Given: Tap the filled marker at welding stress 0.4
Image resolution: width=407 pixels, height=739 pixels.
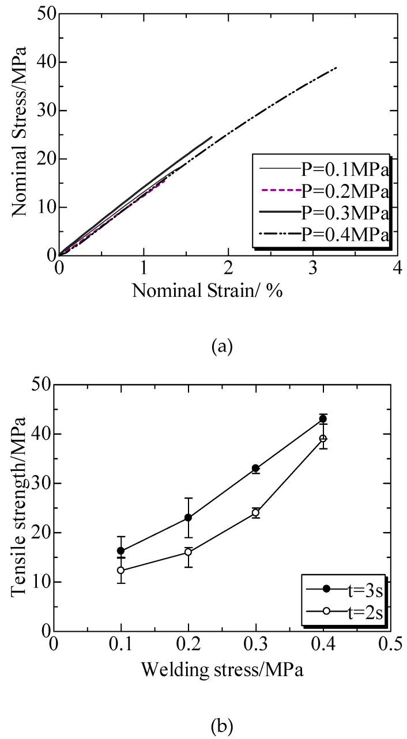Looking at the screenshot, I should point(323,419).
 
